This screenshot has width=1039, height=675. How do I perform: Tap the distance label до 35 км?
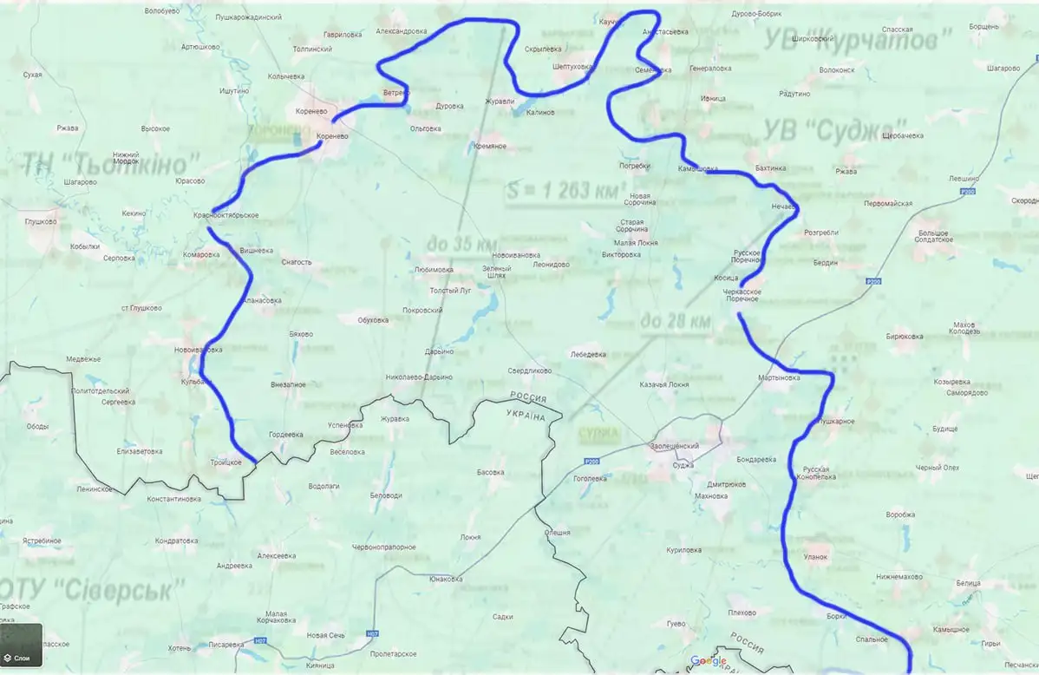pyautogui.click(x=461, y=244)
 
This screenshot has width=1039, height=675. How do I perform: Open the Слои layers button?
pyautogui.click(x=21, y=646)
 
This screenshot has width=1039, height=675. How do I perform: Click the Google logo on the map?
pyautogui.click(x=709, y=661)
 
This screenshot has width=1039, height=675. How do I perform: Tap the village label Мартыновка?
pyautogui.click(x=779, y=378)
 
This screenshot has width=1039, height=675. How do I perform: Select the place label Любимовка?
pyautogui.click(x=434, y=270)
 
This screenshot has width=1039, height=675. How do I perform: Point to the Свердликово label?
pyautogui.click(x=530, y=370)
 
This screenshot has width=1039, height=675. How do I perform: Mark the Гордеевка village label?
pyautogui.click(x=286, y=434)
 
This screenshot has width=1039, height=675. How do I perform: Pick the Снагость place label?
pyautogui.click(x=297, y=261)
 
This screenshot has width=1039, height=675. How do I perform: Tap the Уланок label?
pyautogui.click(x=817, y=556)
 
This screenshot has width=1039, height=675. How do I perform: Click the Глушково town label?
pyautogui.click(x=41, y=221)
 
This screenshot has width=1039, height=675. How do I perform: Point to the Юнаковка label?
pyautogui.click(x=446, y=579)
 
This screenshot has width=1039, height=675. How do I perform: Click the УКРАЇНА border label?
pyautogui.click(x=526, y=417)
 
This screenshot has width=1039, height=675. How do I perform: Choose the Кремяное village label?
pyautogui.click(x=490, y=146)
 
